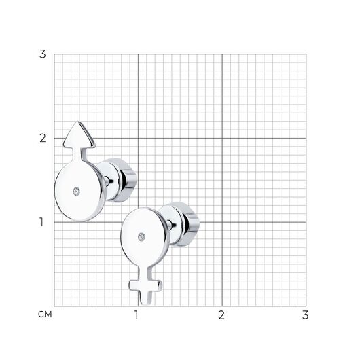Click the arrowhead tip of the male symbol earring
(x=78, y=122)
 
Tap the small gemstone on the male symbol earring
(x=77, y=192)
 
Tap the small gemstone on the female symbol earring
(x=141, y=237)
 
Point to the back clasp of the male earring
(x=117, y=180)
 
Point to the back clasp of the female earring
(x=179, y=224)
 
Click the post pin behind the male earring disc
(x=107, y=181)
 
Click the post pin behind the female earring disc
(x=170, y=225)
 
